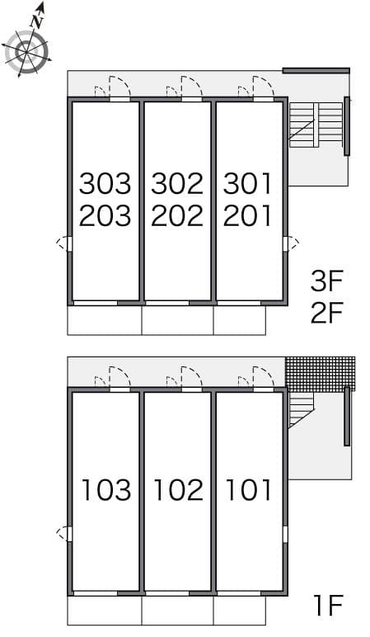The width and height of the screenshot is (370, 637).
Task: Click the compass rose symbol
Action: click(26, 52)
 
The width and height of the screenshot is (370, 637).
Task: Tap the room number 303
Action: click(105, 183)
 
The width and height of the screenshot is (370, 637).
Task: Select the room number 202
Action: click(176, 215)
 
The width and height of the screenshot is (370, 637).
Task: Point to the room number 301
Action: click(247, 183)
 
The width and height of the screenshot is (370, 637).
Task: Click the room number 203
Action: click(105, 215)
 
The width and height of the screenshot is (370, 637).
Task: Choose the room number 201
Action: click(247, 215)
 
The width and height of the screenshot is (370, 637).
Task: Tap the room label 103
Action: click(105, 490)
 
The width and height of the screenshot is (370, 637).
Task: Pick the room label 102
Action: click(177, 490)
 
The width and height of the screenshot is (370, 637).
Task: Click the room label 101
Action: click(248, 490)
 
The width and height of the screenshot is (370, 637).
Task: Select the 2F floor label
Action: click(326, 314)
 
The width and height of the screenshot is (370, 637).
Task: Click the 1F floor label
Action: click(327, 606)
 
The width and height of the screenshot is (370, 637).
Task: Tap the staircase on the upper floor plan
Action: click(315, 125)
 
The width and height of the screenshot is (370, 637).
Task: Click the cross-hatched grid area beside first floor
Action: click(320, 373)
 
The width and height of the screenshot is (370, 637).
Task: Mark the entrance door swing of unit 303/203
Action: click(118, 87)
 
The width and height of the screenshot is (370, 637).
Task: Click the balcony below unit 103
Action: click(104, 611)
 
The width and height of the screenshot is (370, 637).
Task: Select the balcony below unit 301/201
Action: click(239, 320)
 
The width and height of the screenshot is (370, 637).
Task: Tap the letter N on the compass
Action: click(36, 17)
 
